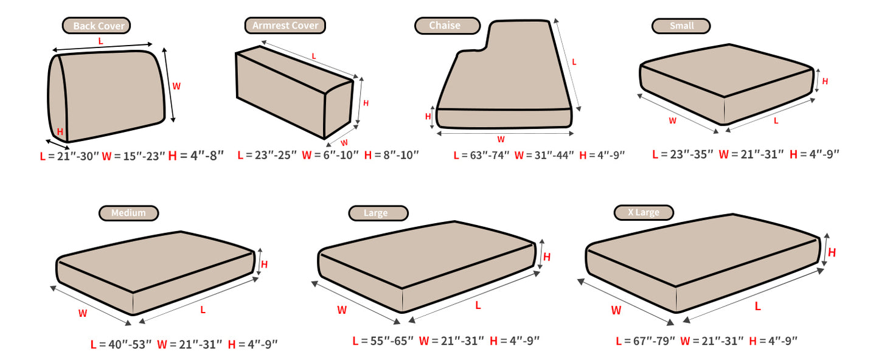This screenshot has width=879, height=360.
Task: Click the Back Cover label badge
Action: coord(96,26)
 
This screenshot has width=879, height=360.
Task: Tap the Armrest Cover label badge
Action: coord(285,26)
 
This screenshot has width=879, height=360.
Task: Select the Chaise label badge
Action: coord(447,26)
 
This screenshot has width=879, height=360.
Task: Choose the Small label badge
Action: coord(681,26)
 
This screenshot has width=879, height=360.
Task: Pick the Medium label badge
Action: coord(129,213)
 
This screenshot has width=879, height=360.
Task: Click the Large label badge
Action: coord(378,213)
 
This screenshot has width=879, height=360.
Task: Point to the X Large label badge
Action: coord(644,213)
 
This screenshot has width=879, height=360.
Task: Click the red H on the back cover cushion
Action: coord(60,131)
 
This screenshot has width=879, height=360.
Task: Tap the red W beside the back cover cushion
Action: coord(176,86)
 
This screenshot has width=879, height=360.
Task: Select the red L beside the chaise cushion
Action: coord(574,62)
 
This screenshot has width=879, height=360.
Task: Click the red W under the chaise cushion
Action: coord(501,139)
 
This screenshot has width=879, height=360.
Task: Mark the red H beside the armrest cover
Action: coord(366,103)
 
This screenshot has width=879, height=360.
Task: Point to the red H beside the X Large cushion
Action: coord(832,252)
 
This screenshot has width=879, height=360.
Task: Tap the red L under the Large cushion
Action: coord(478,305)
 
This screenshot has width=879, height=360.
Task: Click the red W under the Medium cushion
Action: coord(82,313)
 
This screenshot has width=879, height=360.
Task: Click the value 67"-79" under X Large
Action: coord(654,341)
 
